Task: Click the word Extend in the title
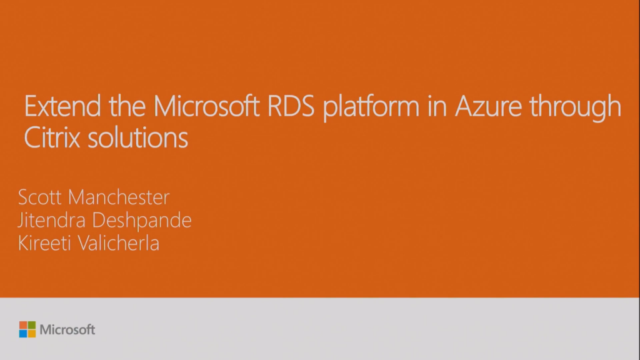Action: (x=62, y=106)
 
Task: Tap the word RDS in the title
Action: (x=291, y=106)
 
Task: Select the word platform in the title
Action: (x=371, y=107)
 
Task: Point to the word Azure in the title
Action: (x=488, y=106)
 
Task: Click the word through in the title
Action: (x=575, y=107)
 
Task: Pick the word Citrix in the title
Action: (x=52, y=137)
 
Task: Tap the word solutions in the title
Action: (x=137, y=137)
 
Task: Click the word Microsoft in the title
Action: (x=206, y=106)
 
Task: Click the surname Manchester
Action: (x=118, y=197)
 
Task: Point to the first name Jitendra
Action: (x=51, y=220)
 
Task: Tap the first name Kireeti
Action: (x=44, y=243)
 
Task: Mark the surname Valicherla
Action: (x=118, y=243)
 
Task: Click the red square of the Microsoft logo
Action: (x=23, y=325)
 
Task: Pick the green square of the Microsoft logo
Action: (x=32, y=325)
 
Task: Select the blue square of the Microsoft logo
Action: (x=23, y=334)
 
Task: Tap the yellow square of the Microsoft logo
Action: (x=32, y=334)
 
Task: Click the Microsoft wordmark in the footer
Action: (x=67, y=329)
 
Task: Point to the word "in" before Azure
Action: (x=437, y=107)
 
